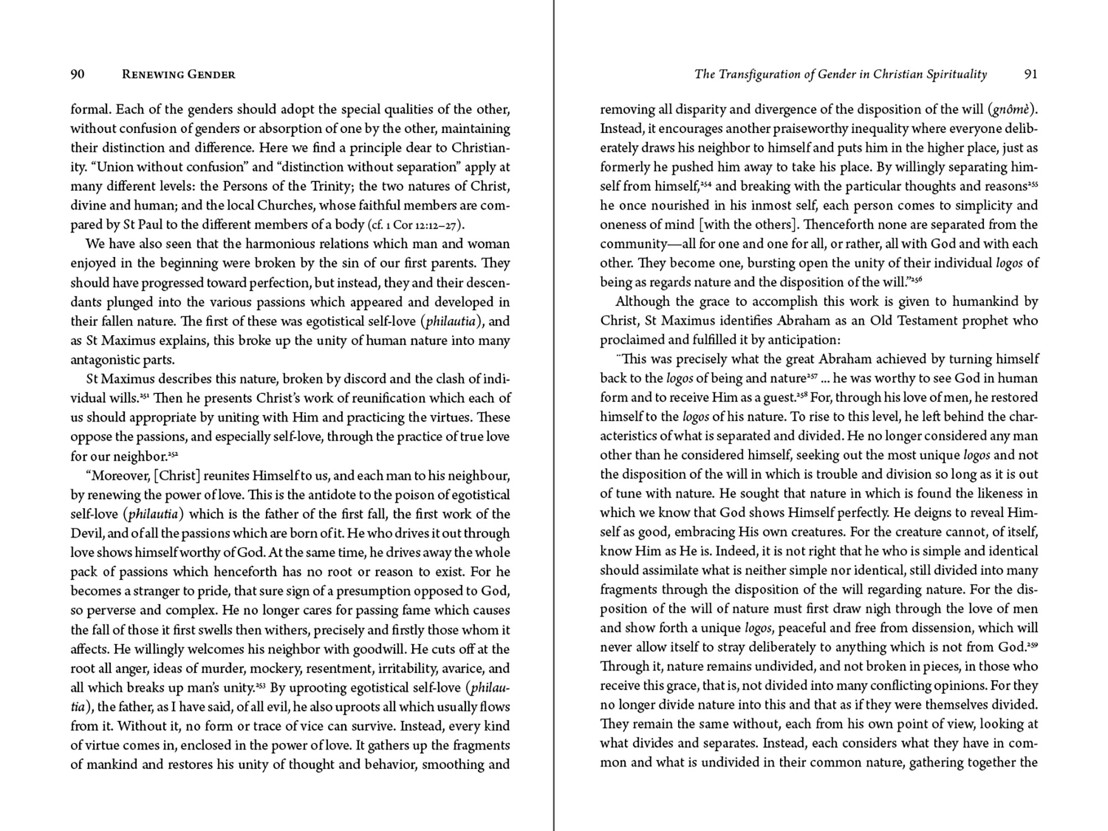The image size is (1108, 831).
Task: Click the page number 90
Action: [78, 74]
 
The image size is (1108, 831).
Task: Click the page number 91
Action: [1030, 74]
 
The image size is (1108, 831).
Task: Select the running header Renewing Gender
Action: [178, 74]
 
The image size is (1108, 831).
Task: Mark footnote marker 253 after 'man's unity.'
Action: [260, 686]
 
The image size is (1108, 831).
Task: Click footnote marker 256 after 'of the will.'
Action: [917, 280]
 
